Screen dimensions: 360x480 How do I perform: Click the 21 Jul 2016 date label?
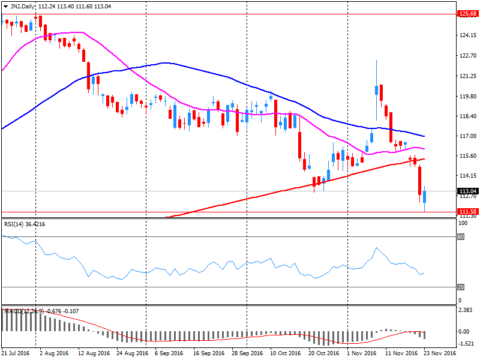pyautogui.click(x=16, y=353)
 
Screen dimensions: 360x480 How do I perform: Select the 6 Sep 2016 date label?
pyautogui.click(x=170, y=353)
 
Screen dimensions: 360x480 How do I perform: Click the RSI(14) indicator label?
pyautogui.click(x=15, y=224)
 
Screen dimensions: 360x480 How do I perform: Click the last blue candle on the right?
pyautogui.click(x=425, y=196)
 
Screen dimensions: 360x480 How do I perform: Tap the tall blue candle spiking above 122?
pyautogui.click(x=376, y=90)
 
